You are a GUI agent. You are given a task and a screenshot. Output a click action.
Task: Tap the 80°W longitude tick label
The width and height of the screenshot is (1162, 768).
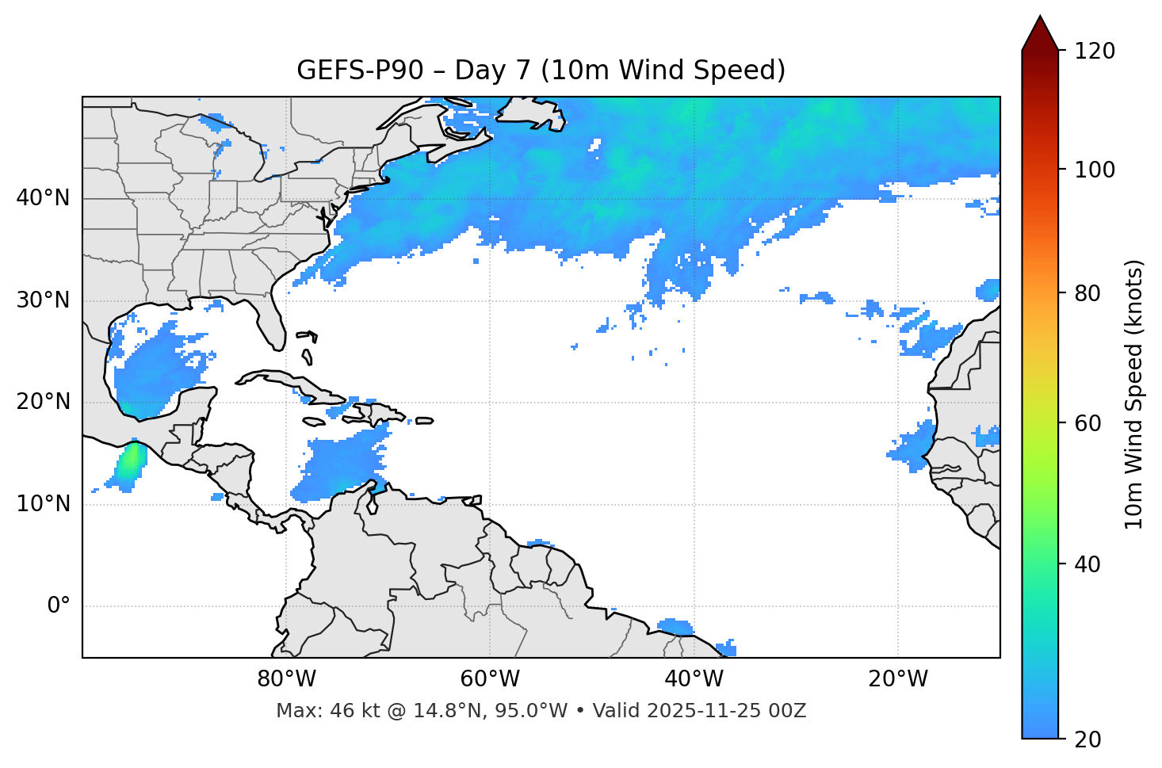pos(286,679)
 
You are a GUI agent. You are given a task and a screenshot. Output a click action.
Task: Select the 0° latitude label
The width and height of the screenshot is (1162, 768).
pos(59,606)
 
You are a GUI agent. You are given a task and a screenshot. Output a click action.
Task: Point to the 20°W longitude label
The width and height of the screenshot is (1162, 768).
pos(898,679)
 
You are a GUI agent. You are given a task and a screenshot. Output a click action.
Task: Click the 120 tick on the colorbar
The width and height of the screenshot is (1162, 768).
pos(1095,52)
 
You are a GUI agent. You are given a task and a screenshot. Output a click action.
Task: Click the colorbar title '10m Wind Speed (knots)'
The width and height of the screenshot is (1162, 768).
pos(1134,394)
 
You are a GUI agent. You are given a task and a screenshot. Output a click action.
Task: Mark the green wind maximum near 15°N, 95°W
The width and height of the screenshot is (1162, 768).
pos(130,462)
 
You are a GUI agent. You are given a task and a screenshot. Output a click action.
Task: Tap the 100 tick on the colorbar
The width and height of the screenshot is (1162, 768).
pos(1095,170)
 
